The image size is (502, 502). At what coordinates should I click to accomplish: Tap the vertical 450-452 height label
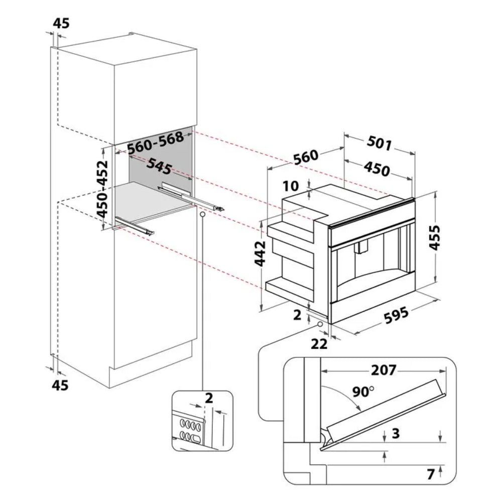pos(102,189)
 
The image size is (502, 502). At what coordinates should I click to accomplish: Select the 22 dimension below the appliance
pos(319,344)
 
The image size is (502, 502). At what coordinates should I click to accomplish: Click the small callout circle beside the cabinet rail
pos(202,213)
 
